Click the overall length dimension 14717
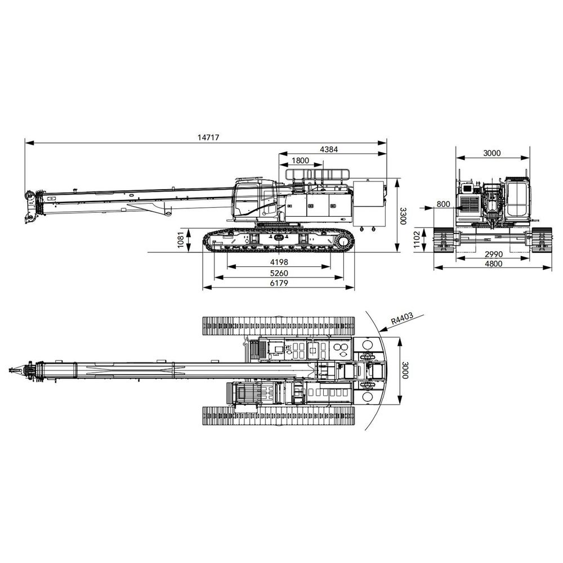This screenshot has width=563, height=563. click(208, 137)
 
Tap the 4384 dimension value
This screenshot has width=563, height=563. click(329, 149)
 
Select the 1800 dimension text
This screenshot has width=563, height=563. click(301, 160)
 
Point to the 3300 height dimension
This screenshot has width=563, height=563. click(403, 216)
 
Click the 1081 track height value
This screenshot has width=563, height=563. click(181, 239)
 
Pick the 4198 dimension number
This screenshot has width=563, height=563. click(279, 262)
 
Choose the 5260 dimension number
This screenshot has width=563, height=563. click(279, 273)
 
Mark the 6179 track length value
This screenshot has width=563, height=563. click(279, 283)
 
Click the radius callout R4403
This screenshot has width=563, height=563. click(402, 318)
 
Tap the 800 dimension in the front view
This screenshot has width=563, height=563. click(444, 204)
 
